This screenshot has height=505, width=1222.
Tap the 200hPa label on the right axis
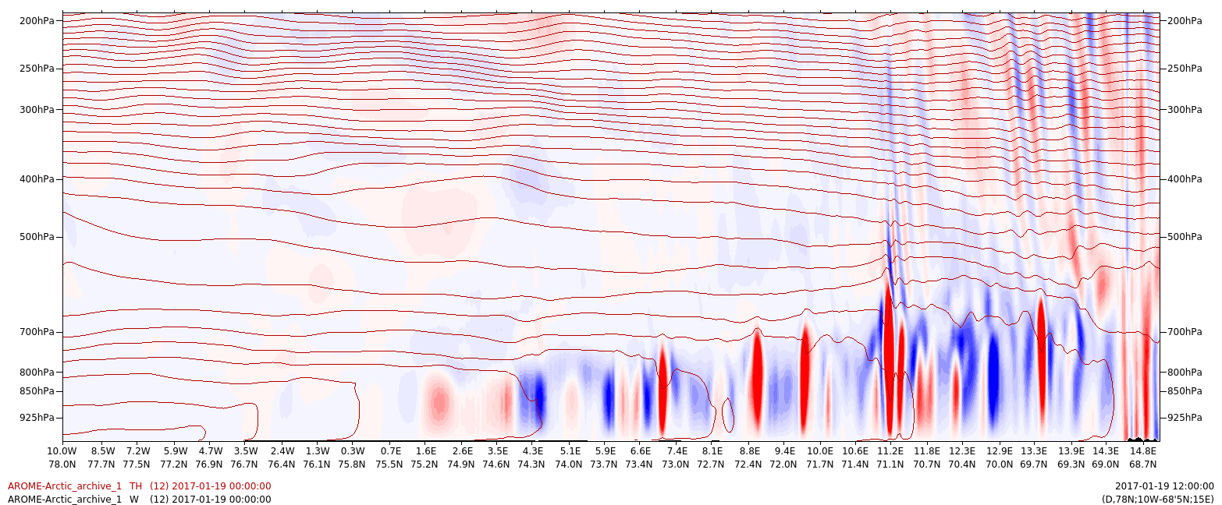pos(1185,19)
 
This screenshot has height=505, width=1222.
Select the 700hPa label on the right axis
pos(1185,332)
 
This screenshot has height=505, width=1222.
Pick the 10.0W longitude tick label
pos(62,450)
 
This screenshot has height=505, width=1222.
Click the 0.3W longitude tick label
pos(353,450)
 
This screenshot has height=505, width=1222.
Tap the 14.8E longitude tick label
pos(1143,450)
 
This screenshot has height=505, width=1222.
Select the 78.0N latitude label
pos(62,464)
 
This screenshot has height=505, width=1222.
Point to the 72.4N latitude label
pos(749,464)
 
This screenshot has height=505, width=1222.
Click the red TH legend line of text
pos(140,486)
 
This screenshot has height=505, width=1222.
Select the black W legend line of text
pos(140,499)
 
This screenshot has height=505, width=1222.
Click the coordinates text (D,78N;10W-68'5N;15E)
pos(1157,499)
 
